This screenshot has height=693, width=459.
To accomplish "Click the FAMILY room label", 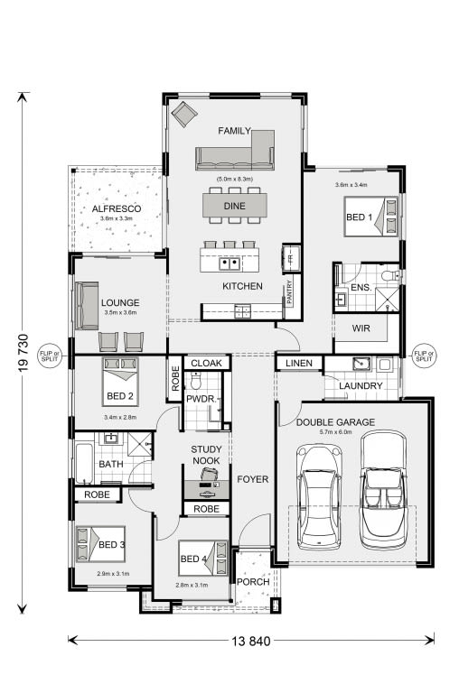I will click(x=233, y=131).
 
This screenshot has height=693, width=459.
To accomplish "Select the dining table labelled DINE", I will click(x=234, y=207).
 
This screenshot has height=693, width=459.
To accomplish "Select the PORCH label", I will click(x=253, y=582).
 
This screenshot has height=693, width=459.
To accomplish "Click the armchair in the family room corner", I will click(x=184, y=115).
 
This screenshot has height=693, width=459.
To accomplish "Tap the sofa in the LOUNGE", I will click(x=88, y=305).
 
